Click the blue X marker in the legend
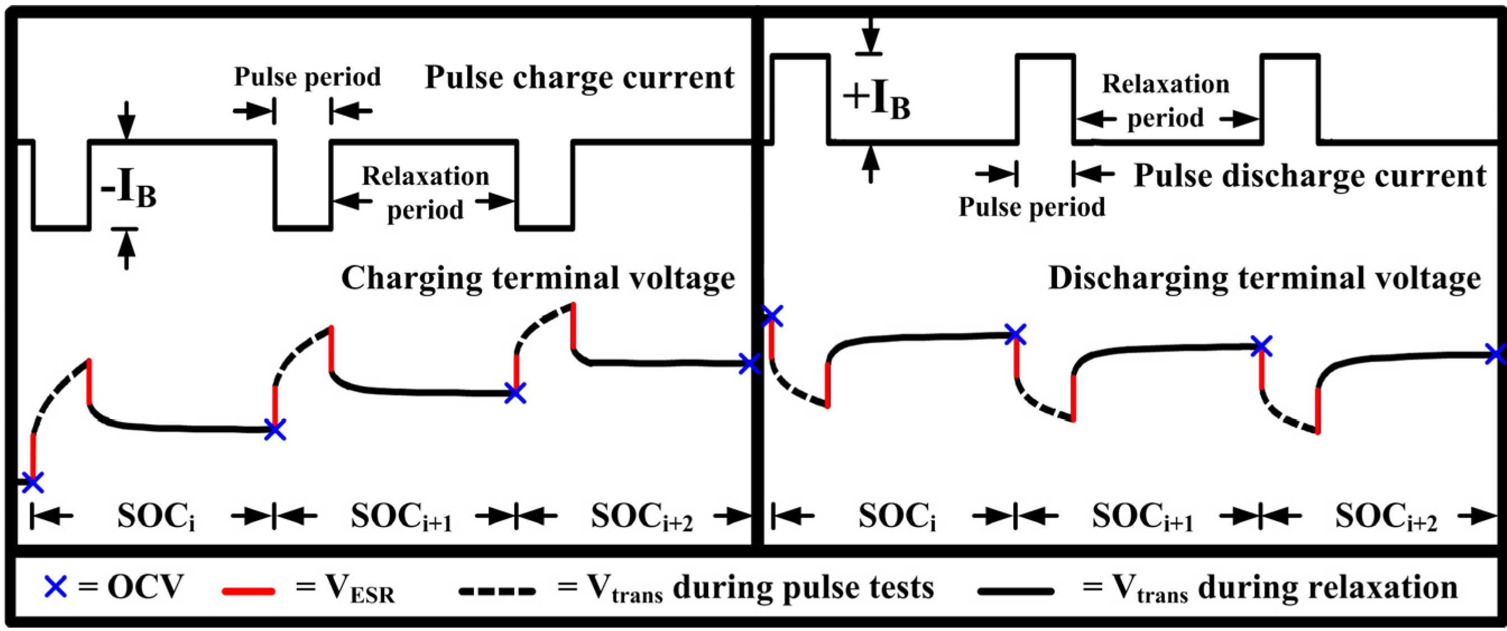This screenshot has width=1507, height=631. pos(55,587)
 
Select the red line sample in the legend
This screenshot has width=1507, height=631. pos(248,591)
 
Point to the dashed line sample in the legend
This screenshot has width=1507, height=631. pos(497,591)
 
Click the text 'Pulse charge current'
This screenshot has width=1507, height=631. pos(579,78)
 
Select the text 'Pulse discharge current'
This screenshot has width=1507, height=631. pos(1310,176)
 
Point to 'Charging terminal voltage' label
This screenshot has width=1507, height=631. pos(538,278)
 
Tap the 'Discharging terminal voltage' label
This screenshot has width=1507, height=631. pos(1264,278)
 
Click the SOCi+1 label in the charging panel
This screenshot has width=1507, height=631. pos(401,517)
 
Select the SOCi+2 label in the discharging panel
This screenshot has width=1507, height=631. pos(1385,517)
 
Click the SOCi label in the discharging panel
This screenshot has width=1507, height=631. pos(896,517)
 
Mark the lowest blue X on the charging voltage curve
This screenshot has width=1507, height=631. pos(32,482)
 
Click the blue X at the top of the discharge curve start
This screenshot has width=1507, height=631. pos(772,316)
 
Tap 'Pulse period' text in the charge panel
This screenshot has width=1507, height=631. pos(307,77)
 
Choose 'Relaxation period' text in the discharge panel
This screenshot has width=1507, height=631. pos(1165,101)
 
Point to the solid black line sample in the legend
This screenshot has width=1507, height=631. pos(1016,591)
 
